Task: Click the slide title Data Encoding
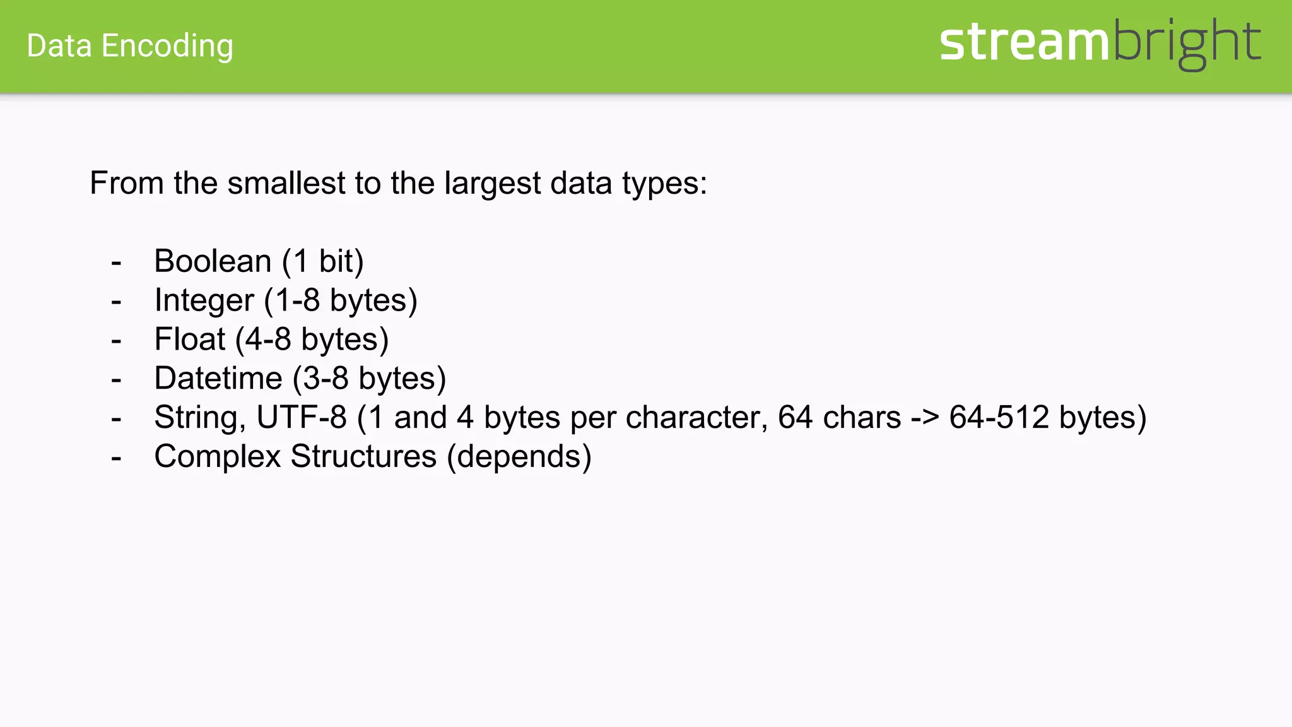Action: point(130,46)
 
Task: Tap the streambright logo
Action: point(1100,43)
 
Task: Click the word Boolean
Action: point(213,261)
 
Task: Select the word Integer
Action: point(204,300)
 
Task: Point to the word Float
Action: point(189,339)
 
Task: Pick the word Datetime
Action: point(218,378)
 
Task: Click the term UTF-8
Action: point(302,417)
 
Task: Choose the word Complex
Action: point(217,456)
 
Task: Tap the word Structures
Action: point(363,456)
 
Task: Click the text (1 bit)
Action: point(322,261)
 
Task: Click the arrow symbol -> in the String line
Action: point(925,418)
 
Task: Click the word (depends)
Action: point(519,456)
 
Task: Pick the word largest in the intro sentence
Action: point(492,183)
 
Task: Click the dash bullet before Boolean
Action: point(116,262)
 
